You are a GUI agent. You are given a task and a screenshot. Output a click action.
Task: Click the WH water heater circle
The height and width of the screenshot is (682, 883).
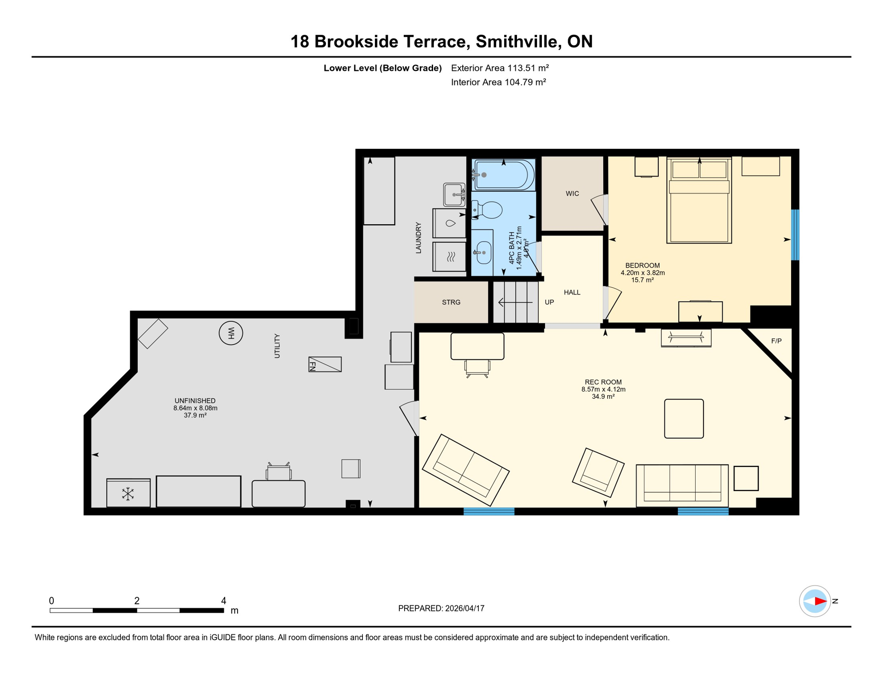[x=231, y=333]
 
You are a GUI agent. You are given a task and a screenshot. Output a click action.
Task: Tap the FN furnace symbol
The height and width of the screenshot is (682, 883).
[x=325, y=365]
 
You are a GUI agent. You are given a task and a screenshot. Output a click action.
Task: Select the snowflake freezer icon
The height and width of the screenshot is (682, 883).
[x=128, y=494]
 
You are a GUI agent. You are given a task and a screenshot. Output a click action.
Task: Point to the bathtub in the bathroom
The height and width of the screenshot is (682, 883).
[x=504, y=175]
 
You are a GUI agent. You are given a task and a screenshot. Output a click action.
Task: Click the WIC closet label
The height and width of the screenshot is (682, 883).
[x=572, y=194]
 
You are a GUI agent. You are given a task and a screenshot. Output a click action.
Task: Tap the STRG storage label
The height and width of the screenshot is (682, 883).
[x=451, y=302]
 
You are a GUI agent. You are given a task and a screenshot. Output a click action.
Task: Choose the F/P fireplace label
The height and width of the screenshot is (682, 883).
[x=776, y=341]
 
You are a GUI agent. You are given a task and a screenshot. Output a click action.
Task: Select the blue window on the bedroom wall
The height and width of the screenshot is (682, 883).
[x=795, y=234]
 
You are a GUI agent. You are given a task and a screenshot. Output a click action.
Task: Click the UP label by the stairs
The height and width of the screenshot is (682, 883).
[x=549, y=302]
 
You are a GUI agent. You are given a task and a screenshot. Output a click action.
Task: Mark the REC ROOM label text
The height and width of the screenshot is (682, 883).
[x=603, y=382]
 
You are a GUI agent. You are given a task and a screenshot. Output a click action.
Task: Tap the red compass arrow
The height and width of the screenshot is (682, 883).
[x=820, y=601]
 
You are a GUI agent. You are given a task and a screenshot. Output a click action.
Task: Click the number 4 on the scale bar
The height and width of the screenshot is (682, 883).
[x=223, y=601]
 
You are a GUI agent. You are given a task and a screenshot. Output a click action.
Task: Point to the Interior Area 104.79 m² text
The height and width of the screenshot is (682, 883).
[x=498, y=82]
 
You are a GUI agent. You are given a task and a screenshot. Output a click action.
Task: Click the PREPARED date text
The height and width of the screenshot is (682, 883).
[x=441, y=608]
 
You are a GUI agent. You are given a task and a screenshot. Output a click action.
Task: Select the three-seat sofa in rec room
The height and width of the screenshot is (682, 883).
[x=682, y=485]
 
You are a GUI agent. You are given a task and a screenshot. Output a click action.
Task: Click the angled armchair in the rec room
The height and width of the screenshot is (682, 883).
[x=598, y=472]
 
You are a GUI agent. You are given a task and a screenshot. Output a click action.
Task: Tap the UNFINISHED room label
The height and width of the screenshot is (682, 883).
[x=195, y=400]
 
